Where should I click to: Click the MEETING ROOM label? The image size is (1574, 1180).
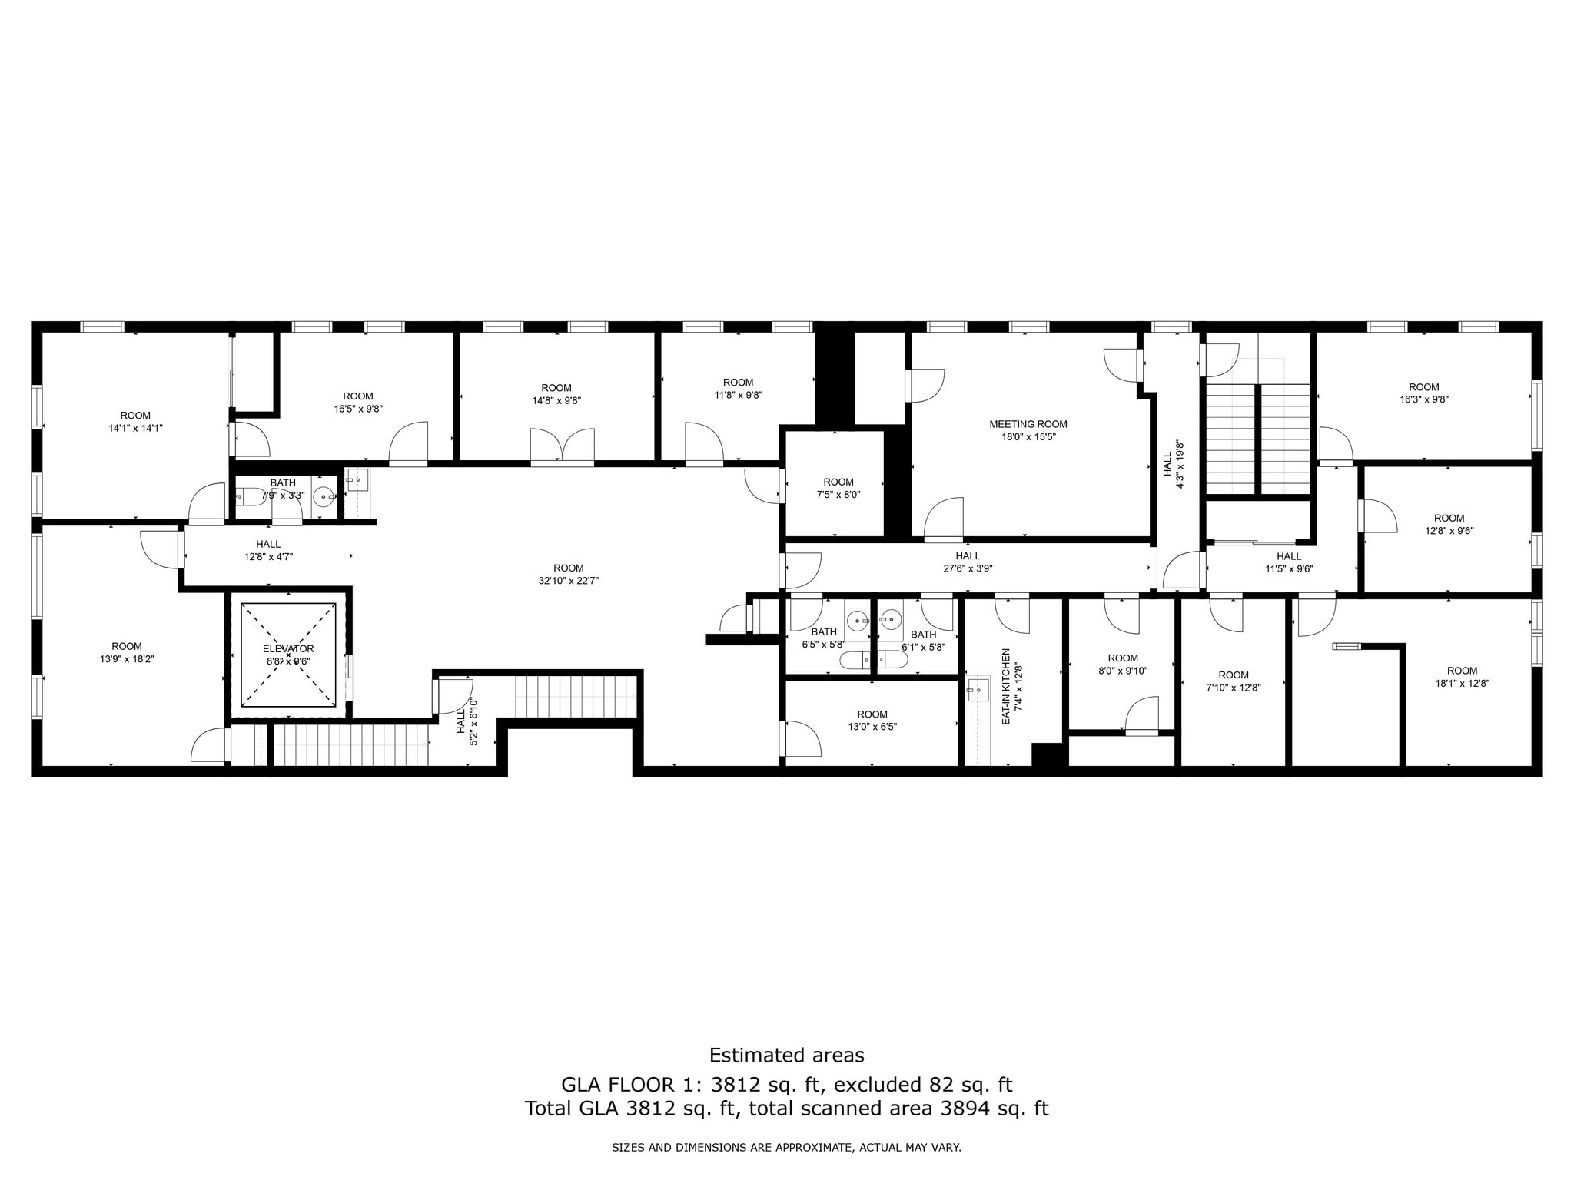(x=1028, y=424)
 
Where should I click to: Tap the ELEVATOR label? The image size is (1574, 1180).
(x=288, y=649)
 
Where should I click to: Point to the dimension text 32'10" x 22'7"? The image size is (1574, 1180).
(x=568, y=582)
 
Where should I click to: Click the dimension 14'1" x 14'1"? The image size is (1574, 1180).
(x=135, y=429)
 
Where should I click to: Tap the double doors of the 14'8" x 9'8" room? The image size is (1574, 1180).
(x=562, y=447)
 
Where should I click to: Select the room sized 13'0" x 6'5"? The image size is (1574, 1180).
(x=872, y=721)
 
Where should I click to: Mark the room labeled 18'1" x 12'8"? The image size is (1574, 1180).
(x=1462, y=677)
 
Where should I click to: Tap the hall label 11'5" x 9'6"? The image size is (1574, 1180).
(x=1289, y=562)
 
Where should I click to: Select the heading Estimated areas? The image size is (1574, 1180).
(x=786, y=1055)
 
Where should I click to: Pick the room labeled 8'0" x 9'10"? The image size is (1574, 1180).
(x=1123, y=665)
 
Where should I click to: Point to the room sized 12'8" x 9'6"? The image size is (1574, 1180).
(x=1449, y=524)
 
